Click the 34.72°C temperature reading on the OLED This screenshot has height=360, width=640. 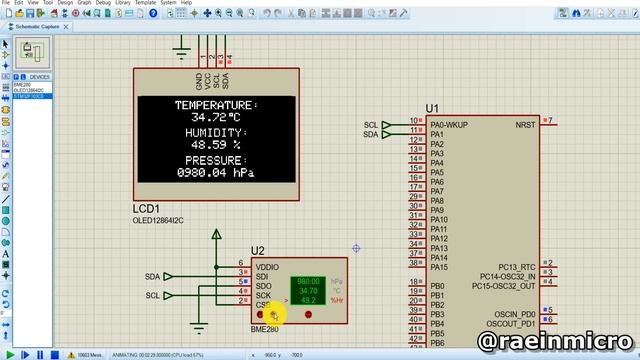click(x=215, y=118)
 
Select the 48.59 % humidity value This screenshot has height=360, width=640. click(x=215, y=146)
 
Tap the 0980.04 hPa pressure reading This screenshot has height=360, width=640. click(x=215, y=173)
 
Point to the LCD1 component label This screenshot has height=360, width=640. click(x=147, y=208)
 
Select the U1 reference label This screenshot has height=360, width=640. click(x=432, y=108)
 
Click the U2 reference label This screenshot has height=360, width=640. click(x=257, y=251)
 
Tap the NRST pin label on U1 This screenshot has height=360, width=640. click(x=524, y=125)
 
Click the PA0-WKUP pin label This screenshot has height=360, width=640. click(x=451, y=124)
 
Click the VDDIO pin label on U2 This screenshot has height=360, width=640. click(x=267, y=267)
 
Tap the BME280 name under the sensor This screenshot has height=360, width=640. click(x=264, y=329)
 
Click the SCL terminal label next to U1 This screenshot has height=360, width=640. click(x=371, y=125)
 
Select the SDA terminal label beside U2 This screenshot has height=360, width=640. click(x=152, y=276)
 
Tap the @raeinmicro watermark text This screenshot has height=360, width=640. click(x=556, y=342)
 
